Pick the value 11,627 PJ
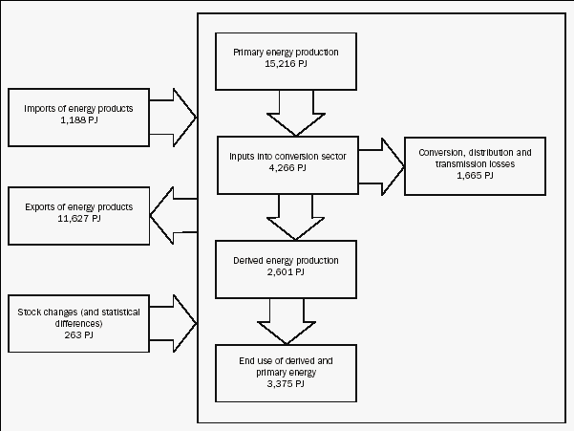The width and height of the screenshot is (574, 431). click(x=80, y=219)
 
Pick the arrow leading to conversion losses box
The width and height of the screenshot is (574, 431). click(x=381, y=160)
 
